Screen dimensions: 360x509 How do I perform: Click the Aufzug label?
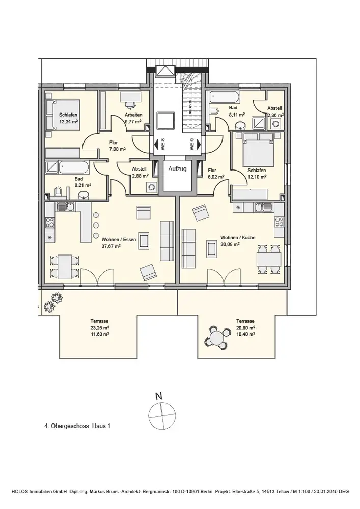178,168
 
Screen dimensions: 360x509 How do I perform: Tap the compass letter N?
159,395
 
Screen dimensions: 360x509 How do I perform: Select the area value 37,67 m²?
111,246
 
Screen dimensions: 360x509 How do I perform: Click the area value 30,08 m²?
230,244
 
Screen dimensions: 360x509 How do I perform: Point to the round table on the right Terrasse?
216,336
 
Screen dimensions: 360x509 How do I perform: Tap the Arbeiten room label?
133,116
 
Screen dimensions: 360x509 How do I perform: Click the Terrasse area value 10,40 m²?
245,334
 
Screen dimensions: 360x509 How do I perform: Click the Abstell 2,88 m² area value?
140,176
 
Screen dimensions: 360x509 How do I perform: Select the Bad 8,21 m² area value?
82,186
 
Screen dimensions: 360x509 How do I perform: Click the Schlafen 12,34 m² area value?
68,122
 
